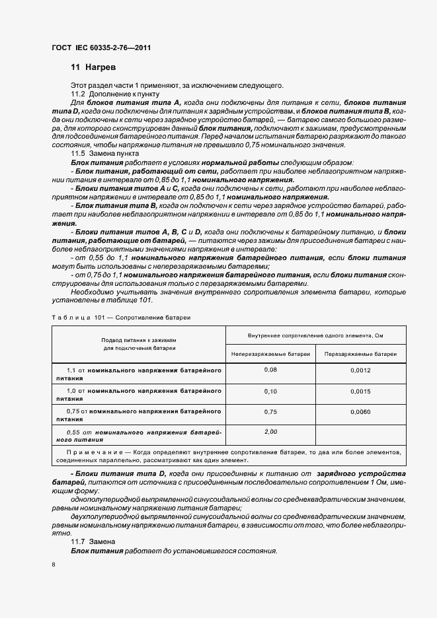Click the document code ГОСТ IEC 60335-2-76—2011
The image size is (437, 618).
point(102,48)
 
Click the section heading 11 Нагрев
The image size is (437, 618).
point(93,67)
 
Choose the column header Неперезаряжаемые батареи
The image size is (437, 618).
point(270,354)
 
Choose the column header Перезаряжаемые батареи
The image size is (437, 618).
point(360,354)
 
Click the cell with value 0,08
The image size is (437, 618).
point(270,370)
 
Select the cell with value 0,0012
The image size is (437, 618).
point(360,370)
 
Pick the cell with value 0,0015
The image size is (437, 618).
point(360,392)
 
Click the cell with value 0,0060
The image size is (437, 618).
point(360,412)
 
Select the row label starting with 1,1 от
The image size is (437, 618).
point(138,374)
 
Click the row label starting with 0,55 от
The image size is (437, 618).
point(138,435)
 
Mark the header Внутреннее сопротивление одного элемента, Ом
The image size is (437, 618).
point(315,335)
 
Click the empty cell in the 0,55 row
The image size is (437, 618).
point(360,434)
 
